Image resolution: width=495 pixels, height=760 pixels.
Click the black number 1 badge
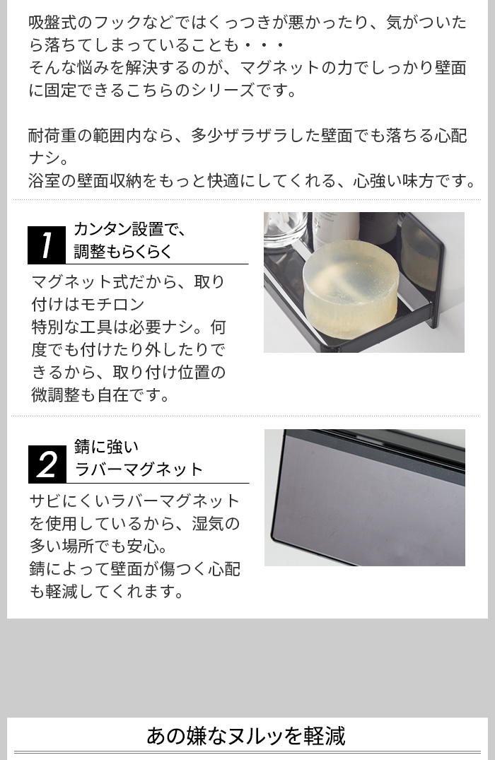point(47,245)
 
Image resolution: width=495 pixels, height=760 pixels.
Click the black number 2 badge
point(47,464)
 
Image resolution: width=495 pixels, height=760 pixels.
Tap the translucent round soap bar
point(351,281)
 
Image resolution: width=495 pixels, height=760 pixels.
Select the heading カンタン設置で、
point(130,229)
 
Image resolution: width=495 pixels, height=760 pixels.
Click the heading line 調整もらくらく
point(123,252)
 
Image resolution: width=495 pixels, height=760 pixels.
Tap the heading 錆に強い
point(107,446)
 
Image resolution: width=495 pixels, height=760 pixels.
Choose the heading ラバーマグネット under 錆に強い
point(139,469)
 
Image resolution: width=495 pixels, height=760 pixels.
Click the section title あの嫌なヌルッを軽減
point(246,735)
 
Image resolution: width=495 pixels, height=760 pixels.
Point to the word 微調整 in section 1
point(55,394)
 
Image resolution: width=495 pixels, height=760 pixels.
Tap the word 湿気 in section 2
point(208,523)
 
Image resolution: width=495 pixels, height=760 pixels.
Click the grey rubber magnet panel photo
point(365,497)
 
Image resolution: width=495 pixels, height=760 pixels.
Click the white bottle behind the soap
point(335,230)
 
